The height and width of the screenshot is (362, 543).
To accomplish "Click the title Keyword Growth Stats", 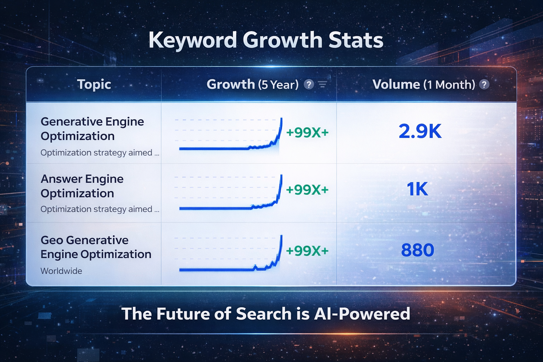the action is point(266,40).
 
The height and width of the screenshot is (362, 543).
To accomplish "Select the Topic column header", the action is point(94,84).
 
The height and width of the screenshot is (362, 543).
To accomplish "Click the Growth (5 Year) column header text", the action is point(253,84).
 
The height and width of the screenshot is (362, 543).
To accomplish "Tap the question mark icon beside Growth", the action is point(309,84).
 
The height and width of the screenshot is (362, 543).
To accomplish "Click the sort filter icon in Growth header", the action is point(323,84).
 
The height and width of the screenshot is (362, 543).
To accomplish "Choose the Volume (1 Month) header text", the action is point(424,84).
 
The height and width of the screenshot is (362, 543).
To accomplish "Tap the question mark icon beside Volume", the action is point(484,84).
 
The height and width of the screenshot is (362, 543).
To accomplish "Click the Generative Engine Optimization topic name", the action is point(92,129).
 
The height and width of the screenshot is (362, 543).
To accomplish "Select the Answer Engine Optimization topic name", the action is point(82,186).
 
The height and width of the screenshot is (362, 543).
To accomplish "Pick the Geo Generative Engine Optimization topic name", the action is point(96,247).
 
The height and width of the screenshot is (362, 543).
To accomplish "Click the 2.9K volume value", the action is point(420,131).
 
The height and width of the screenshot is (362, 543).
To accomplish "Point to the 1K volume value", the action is point(418,189).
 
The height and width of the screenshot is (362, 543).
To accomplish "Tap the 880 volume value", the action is point(418,250).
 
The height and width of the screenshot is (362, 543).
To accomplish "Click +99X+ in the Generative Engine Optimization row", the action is point(307,132).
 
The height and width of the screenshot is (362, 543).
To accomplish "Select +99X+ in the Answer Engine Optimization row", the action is point(307,189).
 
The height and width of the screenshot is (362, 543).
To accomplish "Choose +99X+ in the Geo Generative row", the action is point(307,251).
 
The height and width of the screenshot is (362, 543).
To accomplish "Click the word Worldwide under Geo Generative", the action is point(61,271).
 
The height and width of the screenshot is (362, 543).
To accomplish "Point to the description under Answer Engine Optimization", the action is point(100,209).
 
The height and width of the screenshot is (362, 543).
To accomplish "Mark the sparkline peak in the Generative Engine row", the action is point(281,118).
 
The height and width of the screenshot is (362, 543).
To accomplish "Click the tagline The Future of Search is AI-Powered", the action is point(266,314).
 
